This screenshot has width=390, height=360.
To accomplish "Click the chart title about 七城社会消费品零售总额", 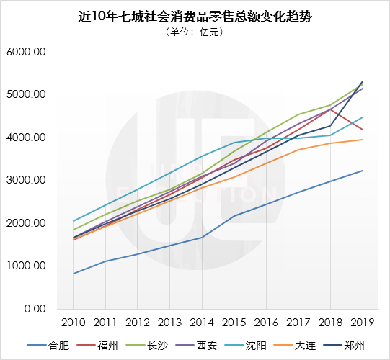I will [x=195, y=17].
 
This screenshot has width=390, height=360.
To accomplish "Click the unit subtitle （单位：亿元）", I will [x=195, y=32].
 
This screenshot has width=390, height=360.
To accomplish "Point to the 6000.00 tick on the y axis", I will [x=26, y=53].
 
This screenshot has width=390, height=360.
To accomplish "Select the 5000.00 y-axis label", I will [x=26, y=95].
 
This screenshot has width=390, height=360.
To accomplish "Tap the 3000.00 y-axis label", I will [x=26, y=181].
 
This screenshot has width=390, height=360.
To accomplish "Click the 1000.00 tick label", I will [x=26, y=266].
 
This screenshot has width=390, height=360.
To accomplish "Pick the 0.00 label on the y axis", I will [x=33, y=309].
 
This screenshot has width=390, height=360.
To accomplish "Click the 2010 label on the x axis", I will [x=74, y=322].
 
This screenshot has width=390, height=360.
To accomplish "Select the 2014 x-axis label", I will [x=201, y=322].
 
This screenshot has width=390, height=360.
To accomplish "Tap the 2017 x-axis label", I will [x=297, y=322].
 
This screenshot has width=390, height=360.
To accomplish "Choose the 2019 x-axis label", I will [x=361, y=322].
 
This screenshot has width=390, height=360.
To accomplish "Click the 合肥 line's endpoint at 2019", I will [x=362, y=171].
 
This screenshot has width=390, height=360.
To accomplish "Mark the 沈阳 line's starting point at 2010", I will [x=74, y=221].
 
